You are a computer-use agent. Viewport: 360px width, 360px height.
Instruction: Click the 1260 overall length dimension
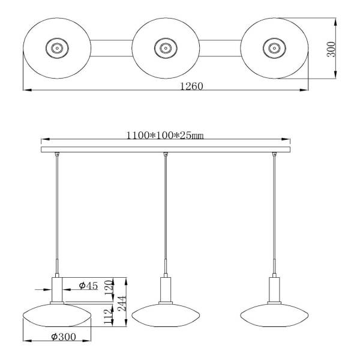point(191,86)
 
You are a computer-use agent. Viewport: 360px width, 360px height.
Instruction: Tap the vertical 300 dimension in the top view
point(331,49)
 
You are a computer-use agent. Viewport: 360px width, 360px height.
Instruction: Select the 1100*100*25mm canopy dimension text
point(165,136)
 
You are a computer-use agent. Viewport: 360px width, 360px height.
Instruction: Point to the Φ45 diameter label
point(88,286)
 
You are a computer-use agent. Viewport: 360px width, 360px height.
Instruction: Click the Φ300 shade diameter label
point(64,337)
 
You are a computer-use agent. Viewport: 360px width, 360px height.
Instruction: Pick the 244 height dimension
point(122,304)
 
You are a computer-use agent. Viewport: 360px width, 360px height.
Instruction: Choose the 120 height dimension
point(109,286)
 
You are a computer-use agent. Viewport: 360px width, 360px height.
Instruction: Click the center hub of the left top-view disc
point(57,48)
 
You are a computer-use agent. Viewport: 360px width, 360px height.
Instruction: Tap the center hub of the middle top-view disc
point(166,48)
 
